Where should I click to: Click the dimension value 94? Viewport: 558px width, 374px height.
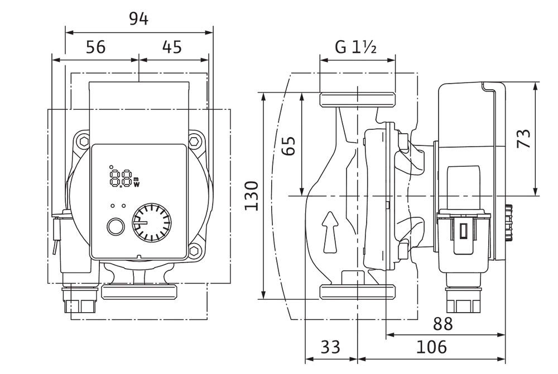click(138, 19)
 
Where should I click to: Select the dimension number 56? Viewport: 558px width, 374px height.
click(96, 47)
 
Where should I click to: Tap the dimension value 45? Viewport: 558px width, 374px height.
click(172, 47)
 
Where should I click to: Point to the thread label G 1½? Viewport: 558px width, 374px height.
click(355, 47)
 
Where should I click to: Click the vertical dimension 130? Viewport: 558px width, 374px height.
click(251, 196)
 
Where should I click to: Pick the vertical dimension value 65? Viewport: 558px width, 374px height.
click(288, 145)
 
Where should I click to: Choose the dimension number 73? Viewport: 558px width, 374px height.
click(523, 138)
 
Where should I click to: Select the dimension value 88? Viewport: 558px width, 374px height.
click(442, 323)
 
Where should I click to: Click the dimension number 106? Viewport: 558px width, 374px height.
click(431, 347)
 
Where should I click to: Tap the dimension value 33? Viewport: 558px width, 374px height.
click(330, 347)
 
